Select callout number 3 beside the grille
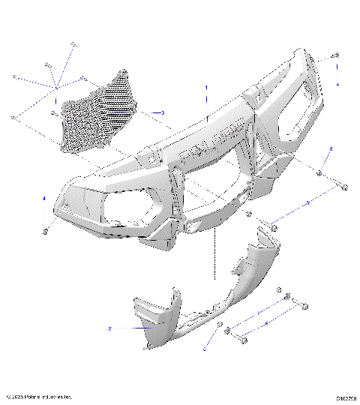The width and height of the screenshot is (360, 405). [x=162, y=112]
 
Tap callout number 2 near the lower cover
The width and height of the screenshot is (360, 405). [x=109, y=328]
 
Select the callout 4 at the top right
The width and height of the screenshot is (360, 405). [x=337, y=84]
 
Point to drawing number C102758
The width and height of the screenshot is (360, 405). [x=344, y=397]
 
